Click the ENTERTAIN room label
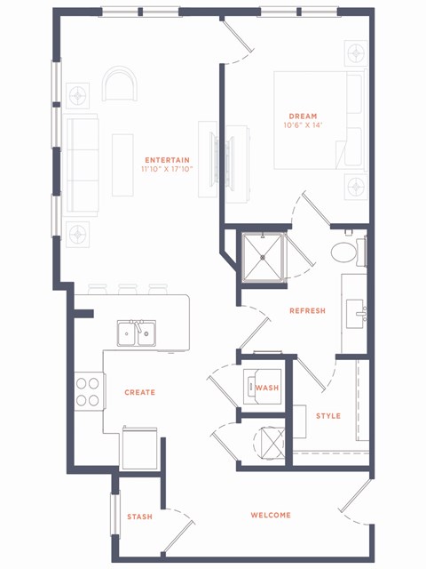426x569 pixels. [166, 159]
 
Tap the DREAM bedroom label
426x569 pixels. [304, 116]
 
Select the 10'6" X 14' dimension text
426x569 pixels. [304, 125]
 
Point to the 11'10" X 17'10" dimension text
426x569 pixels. [166, 169]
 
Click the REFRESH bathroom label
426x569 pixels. [307, 310]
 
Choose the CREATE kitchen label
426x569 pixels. [139, 392]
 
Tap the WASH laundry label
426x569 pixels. [266, 388]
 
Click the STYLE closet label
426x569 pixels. [328, 415]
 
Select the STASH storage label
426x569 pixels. [139, 517]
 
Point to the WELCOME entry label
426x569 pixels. [271, 515]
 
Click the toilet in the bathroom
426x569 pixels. [346, 252]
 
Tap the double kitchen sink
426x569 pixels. [137, 333]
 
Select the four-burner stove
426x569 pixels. [88, 391]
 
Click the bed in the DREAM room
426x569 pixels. [318, 120]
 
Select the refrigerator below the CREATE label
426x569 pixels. [139, 448]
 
